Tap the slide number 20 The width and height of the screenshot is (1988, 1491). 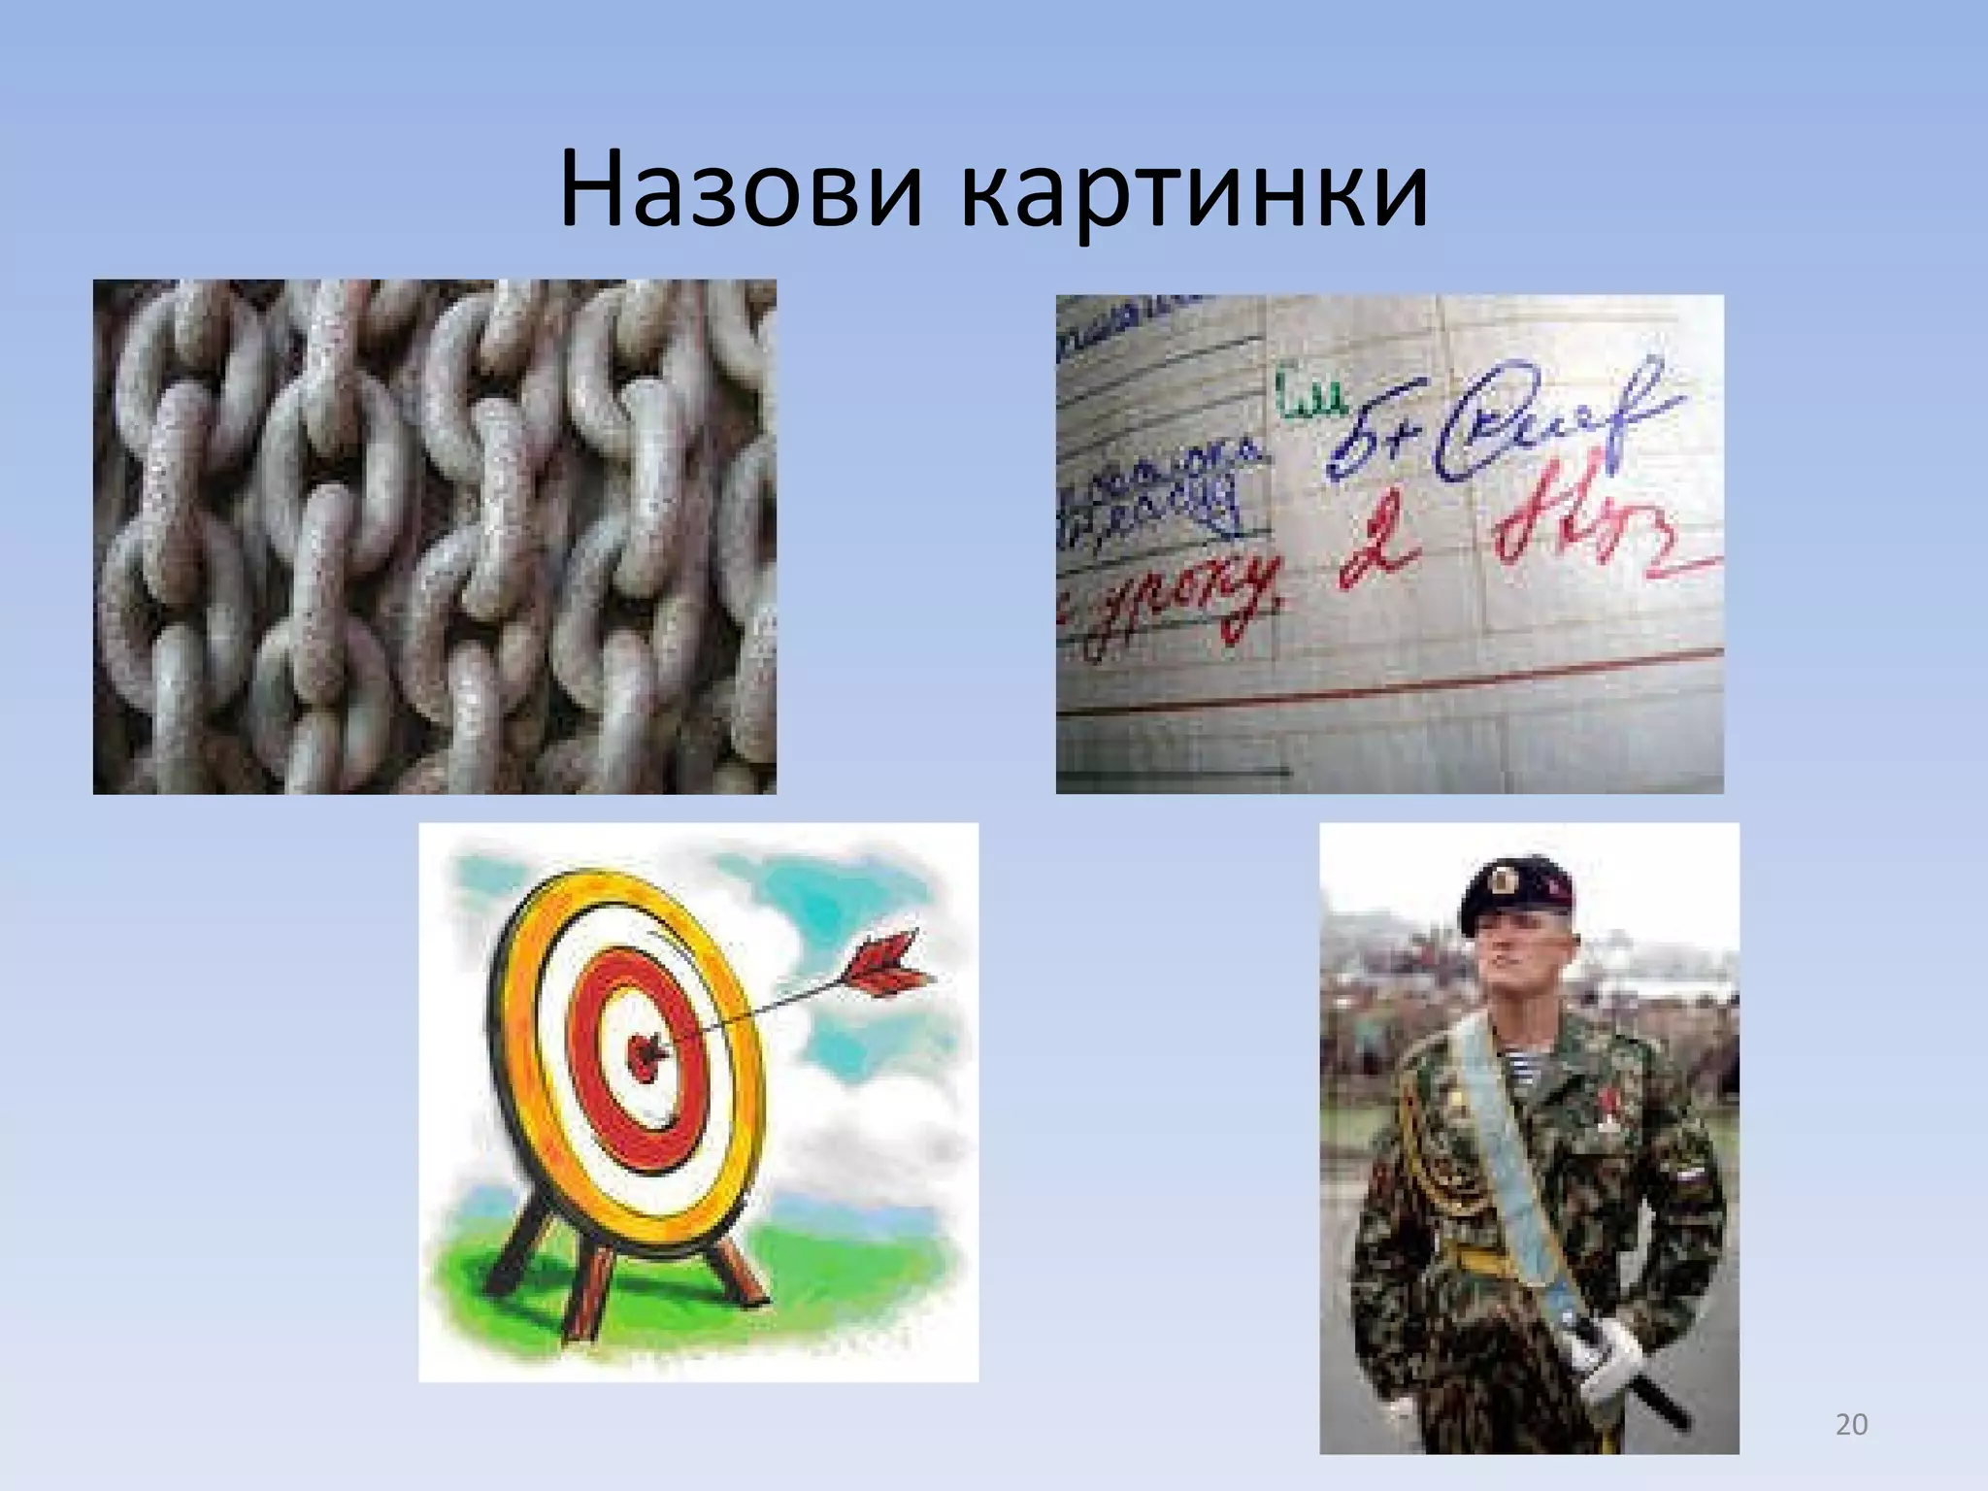1851,1425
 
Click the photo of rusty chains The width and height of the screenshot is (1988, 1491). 434,536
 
